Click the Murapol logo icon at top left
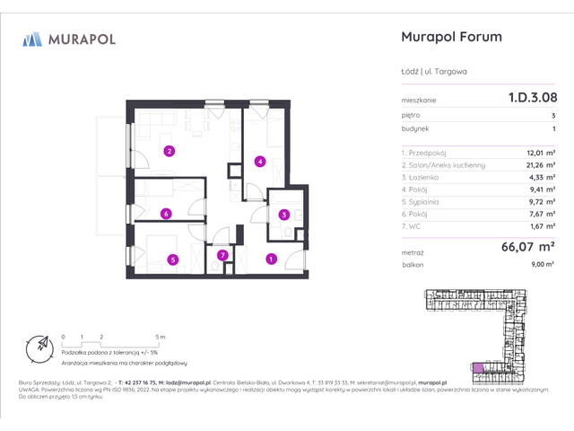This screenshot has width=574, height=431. coord(32,40)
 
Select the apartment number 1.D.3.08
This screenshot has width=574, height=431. coord(524,100)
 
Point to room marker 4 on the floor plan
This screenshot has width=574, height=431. coord(259,162)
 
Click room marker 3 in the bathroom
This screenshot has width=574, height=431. coord(283,215)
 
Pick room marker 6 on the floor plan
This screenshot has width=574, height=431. coord(166,214)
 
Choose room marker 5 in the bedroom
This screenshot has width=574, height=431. coord(172,259)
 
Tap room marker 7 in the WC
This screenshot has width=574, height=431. coord(223,256)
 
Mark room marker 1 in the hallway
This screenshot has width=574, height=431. coord(271,259)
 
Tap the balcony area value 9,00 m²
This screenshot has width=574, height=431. coord(541,264)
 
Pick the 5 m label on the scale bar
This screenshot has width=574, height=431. coord(161,336)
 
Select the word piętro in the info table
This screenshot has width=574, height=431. coord(412,116)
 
